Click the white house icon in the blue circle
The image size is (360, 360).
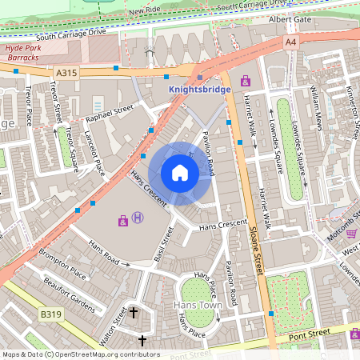(180, 173)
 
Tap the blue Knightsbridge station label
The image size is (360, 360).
(199, 90)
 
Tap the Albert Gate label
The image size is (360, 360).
(289, 18)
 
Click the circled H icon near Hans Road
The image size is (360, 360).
(138, 217)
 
